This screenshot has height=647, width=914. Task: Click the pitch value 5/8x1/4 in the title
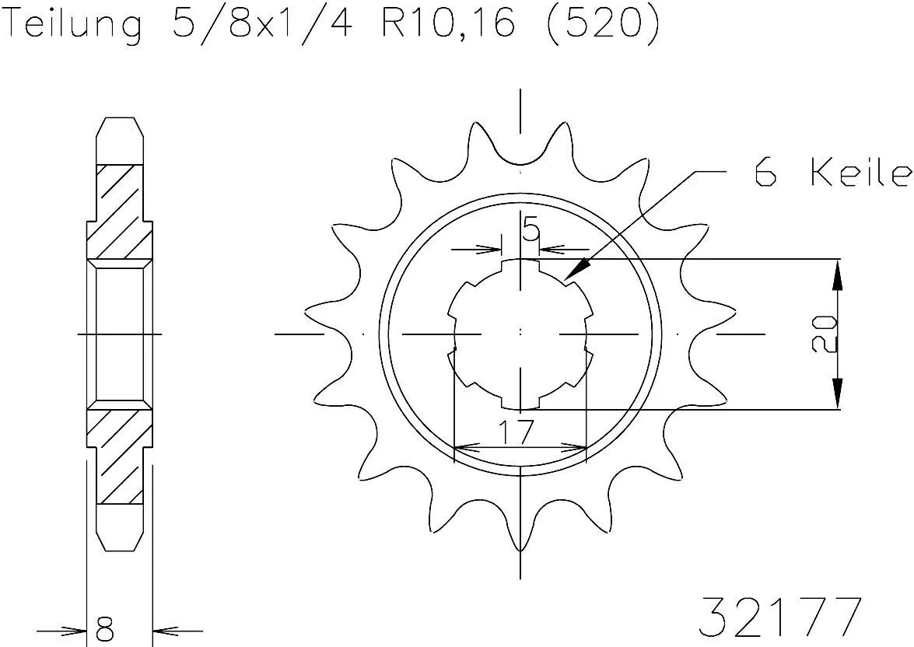click(x=257, y=25)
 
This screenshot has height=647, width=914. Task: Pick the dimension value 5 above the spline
click(x=531, y=231)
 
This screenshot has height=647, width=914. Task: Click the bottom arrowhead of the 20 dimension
click(x=837, y=394)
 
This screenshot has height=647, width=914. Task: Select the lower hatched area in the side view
click(x=119, y=455)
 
